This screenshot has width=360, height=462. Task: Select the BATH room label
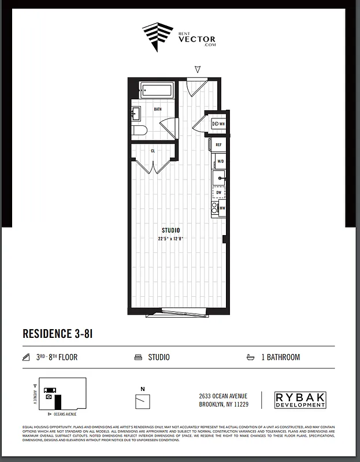[x=157, y=109]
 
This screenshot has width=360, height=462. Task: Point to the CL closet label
[x=153, y=151]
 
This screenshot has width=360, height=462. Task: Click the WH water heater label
[x=221, y=124]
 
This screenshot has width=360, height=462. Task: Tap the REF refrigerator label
[x=219, y=145]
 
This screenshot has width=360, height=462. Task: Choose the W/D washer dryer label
[x=220, y=162]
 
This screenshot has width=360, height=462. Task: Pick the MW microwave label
[x=221, y=208]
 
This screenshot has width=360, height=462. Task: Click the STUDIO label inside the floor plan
[x=170, y=230]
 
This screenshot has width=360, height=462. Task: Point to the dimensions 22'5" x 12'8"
[x=171, y=238]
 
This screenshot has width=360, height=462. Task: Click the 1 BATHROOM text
[x=280, y=357]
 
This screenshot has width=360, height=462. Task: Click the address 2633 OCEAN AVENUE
[x=222, y=396]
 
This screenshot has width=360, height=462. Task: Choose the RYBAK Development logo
[x=300, y=400]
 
